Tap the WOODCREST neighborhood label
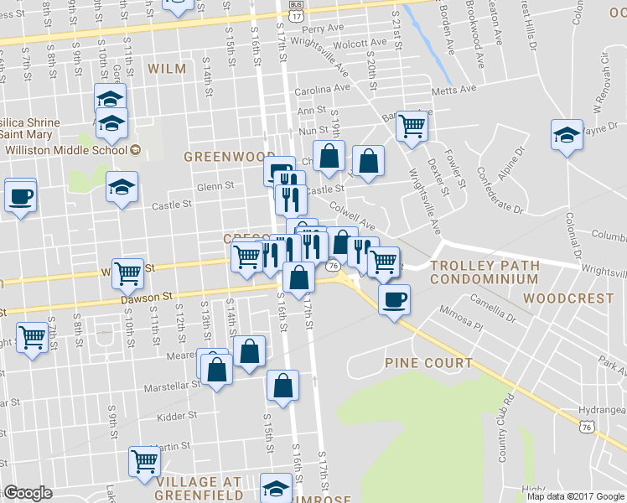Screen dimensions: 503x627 pyautogui.click(x=567, y=298)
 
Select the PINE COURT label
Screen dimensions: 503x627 pyautogui.click(x=429, y=362)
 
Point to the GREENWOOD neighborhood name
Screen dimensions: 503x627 pyautogui.click(x=229, y=157)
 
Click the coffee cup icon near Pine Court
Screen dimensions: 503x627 pyautogui.click(x=394, y=299)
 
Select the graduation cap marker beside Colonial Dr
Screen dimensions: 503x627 pyautogui.click(x=567, y=135)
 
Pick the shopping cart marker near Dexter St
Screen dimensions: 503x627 pyautogui.click(x=412, y=126)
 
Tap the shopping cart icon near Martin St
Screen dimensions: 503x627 pyautogui.click(x=144, y=460)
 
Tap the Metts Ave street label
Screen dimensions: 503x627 pyautogui.click(x=454, y=89)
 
